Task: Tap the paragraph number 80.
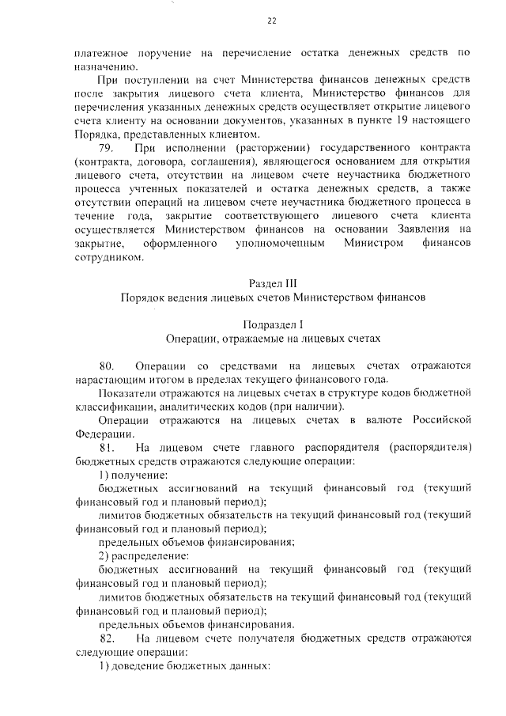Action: click(106, 366)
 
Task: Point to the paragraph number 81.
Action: click(106, 448)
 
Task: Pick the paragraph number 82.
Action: click(106, 638)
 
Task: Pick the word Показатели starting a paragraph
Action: click(128, 393)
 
